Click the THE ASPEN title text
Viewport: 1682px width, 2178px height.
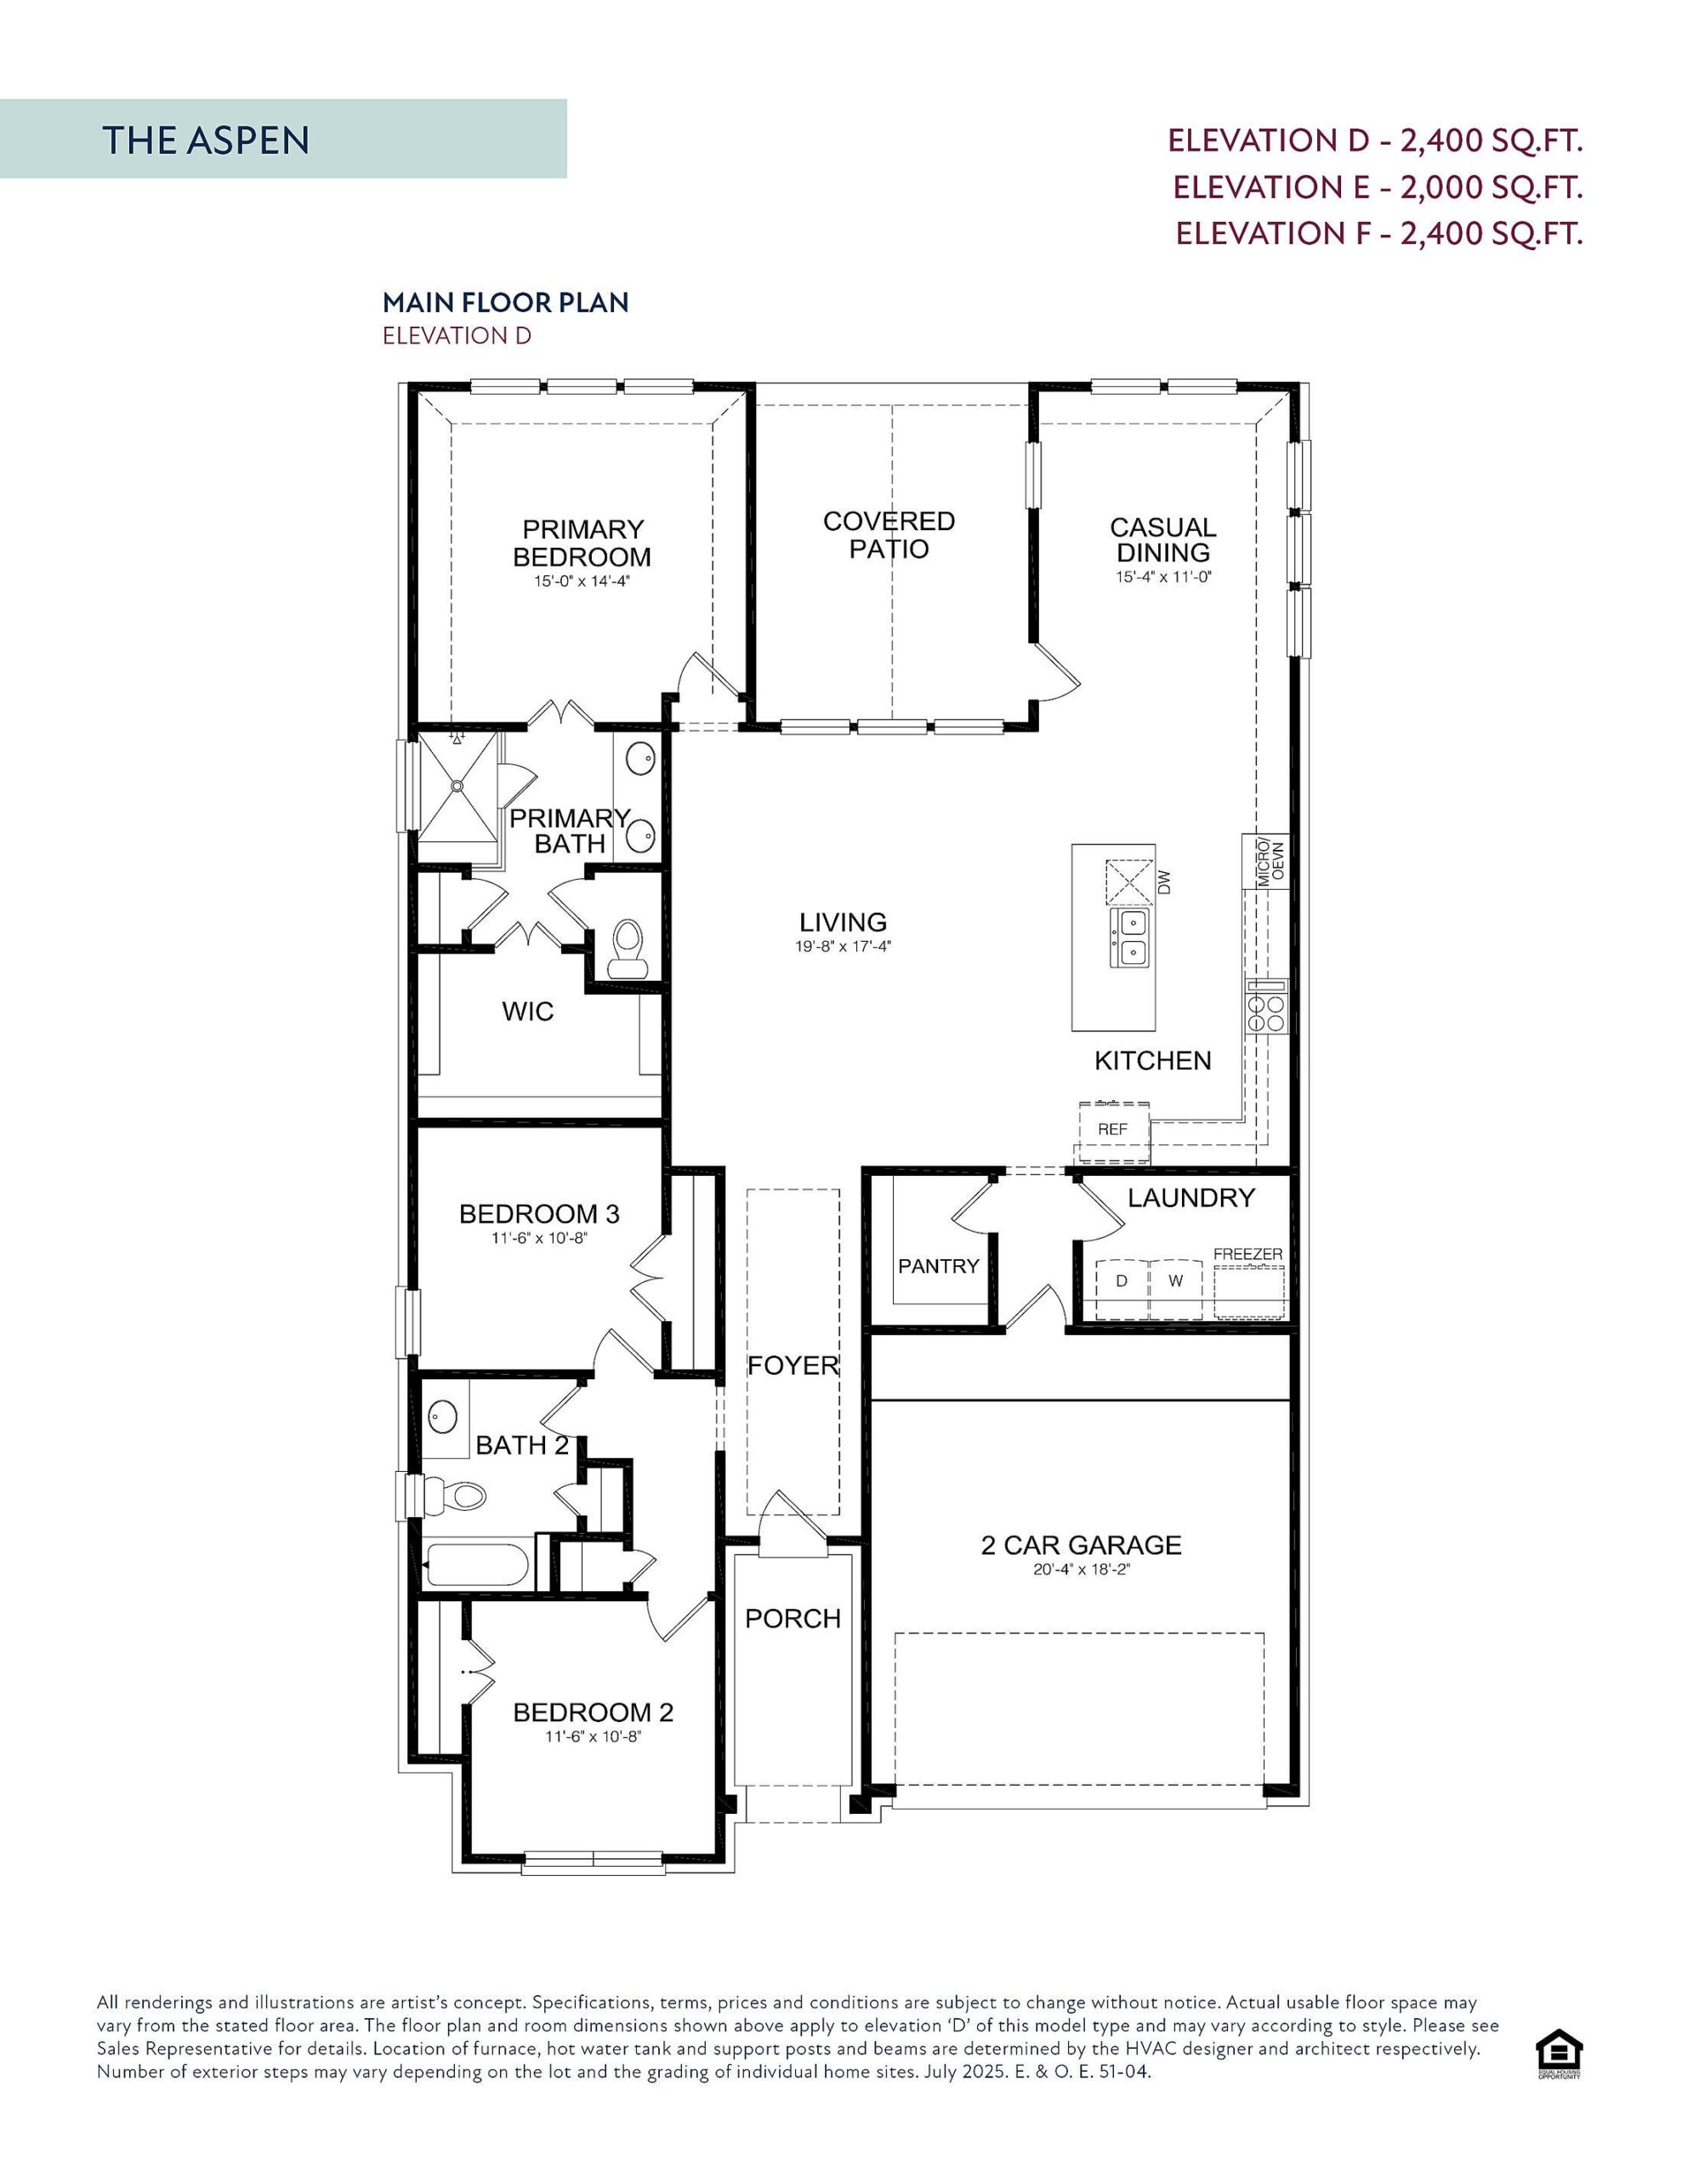click(x=206, y=140)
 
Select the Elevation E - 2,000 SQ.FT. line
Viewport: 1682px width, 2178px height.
click(x=1377, y=186)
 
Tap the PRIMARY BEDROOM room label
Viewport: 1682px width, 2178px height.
click(x=582, y=543)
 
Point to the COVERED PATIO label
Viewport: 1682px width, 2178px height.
click(x=889, y=534)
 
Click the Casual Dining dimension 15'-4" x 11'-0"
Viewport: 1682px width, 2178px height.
click(x=1162, y=577)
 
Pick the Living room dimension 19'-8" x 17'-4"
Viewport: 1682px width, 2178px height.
click(x=843, y=946)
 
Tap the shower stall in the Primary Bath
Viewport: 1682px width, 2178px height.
click(x=457, y=788)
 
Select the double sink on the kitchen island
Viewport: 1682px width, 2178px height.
click(x=1129, y=938)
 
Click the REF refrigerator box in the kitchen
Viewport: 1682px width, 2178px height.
click(x=1113, y=1129)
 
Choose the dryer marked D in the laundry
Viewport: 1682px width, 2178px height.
click(x=1122, y=1280)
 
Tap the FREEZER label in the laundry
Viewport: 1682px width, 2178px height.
click(x=1247, y=1253)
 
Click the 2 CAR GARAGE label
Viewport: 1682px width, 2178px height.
click(x=1081, y=1545)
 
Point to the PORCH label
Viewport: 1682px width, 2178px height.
click(x=793, y=1617)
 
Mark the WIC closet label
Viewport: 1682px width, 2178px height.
click(x=527, y=1012)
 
